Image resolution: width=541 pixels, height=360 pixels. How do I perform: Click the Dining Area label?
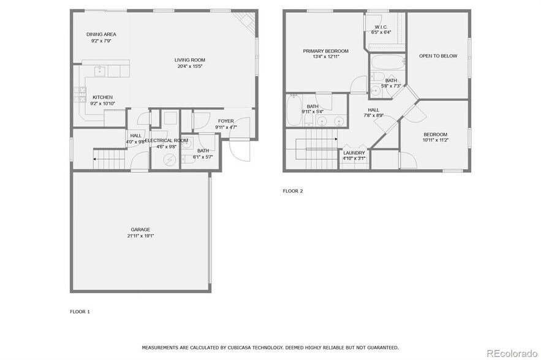[x=101, y=34]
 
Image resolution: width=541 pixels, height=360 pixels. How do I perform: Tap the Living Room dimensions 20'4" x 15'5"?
[x=191, y=66]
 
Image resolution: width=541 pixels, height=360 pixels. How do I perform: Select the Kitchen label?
[x=102, y=97]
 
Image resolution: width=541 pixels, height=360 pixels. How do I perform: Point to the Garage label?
[x=140, y=230]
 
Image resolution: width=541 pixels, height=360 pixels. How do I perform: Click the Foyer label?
[x=226, y=121]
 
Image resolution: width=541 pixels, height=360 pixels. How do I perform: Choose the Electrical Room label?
[x=166, y=140]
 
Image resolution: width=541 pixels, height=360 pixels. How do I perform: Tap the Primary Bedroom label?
[x=325, y=51]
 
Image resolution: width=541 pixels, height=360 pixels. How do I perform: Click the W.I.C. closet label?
[x=380, y=27]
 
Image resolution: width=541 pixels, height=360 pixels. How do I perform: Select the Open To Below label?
[x=437, y=56]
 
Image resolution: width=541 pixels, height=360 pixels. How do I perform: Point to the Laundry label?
[x=354, y=153]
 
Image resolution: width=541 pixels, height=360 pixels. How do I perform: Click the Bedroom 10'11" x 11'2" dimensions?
[x=436, y=140]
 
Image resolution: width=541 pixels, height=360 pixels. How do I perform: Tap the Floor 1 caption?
[x=80, y=312]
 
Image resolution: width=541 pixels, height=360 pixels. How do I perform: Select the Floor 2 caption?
[x=292, y=191]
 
